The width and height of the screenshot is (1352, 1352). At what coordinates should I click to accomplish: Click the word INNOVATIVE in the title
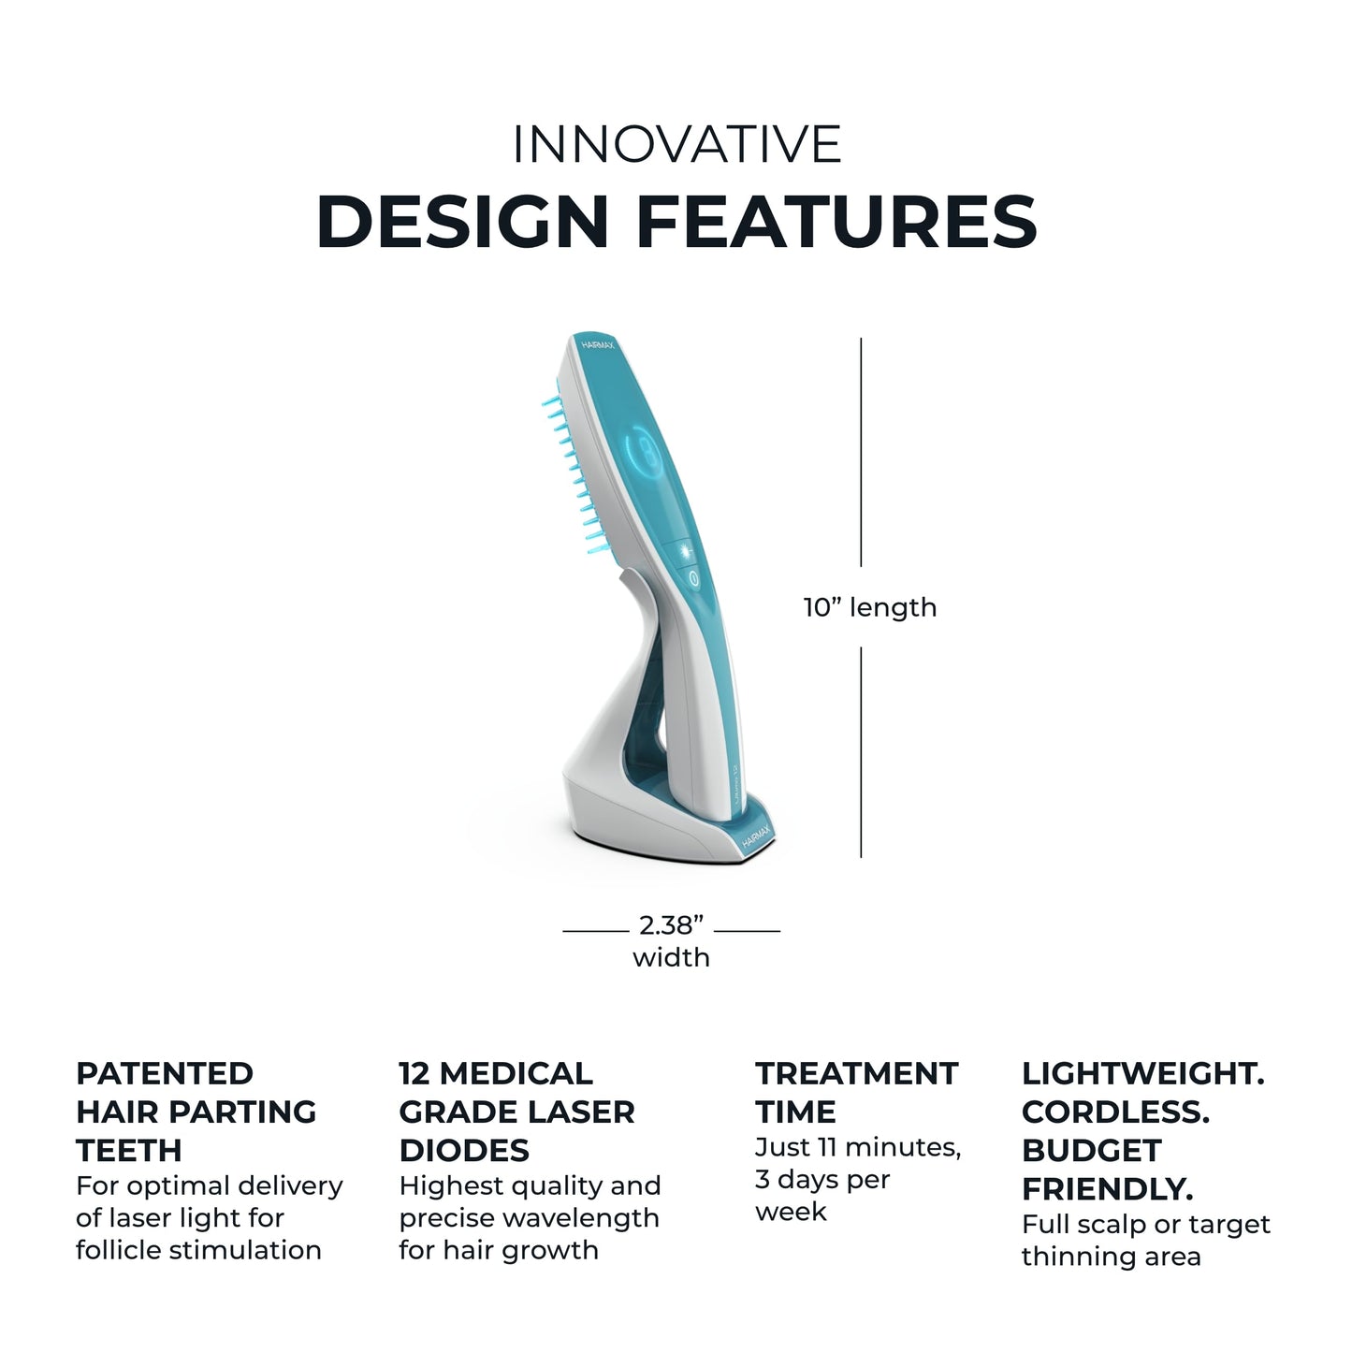[x=676, y=144]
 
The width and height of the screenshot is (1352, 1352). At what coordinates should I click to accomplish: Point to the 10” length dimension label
[x=870, y=608]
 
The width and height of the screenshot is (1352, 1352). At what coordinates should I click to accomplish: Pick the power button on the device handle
[x=694, y=580]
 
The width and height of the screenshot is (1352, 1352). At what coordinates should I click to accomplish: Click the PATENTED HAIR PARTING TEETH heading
[x=196, y=1112]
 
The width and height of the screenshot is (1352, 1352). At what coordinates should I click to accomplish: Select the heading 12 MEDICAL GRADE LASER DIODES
[x=516, y=1112]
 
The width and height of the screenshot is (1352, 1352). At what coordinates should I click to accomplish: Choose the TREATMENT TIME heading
[x=856, y=1092]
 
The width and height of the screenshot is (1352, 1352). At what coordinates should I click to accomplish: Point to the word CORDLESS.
[x=1115, y=1112]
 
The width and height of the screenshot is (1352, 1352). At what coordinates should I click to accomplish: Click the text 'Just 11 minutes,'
[x=858, y=1147]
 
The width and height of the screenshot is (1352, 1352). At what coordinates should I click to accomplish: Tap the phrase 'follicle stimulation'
[x=198, y=1250]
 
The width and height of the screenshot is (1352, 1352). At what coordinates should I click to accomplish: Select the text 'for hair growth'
[x=499, y=1250]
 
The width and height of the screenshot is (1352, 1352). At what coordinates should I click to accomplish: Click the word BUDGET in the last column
[x=1091, y=1150]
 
